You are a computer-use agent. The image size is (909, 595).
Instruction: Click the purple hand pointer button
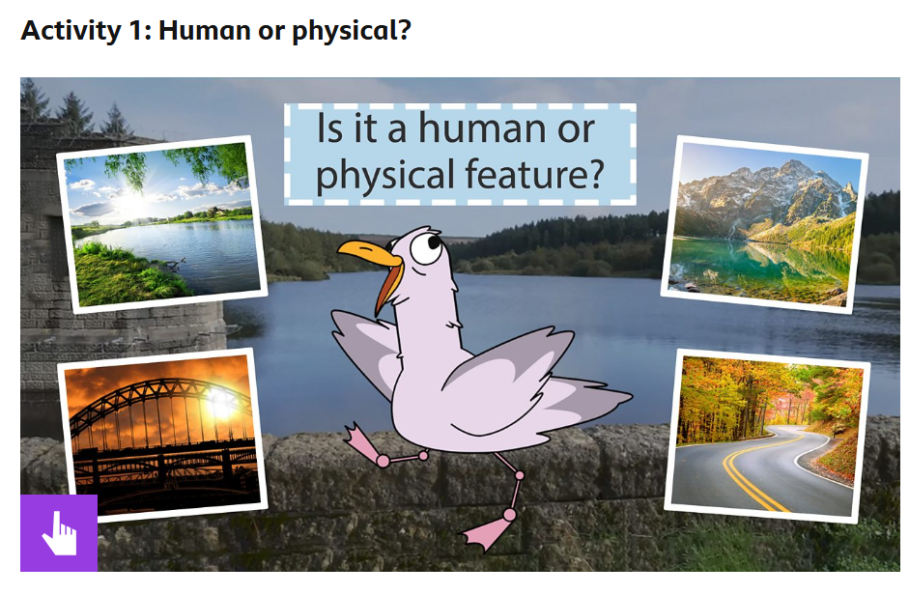point(59,532)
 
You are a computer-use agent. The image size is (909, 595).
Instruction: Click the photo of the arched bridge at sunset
point(162,435)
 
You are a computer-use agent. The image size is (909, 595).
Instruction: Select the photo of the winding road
point(766,436)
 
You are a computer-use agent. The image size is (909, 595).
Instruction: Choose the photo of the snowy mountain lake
point(765,224)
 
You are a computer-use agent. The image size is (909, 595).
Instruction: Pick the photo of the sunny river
point(161,224)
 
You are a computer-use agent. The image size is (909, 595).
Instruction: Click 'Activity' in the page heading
point(71,30)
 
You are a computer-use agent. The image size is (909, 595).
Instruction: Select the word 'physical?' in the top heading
point(352,31)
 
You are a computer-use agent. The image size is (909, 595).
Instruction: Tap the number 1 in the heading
point(135,30)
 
